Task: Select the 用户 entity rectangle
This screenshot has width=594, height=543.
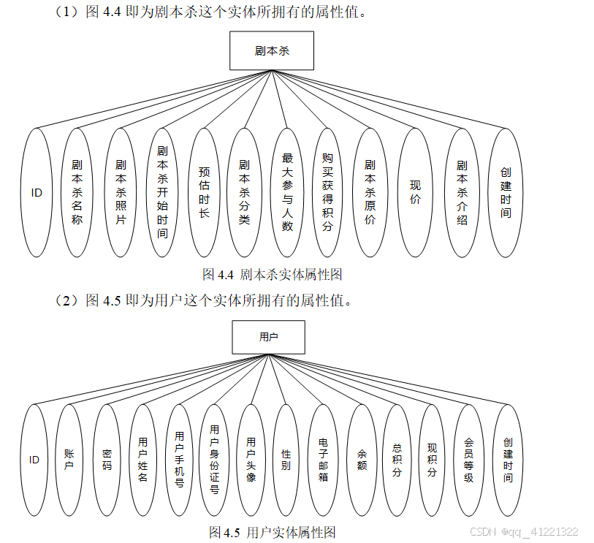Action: tap(268, 337)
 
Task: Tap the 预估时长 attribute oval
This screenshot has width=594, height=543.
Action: tap(204, 192)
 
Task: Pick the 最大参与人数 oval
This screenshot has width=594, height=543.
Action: tap(287, 192)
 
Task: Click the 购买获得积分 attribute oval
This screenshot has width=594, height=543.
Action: tap(327, 192)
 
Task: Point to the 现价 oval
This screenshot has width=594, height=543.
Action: tap(415, 192)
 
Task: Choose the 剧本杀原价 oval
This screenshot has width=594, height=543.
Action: tap(370, 192)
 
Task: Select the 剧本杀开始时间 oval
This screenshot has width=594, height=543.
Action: tap(162, 192)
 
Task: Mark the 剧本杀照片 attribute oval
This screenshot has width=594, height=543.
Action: tap(121, 192)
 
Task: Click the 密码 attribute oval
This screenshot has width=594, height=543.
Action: tap(107, 460)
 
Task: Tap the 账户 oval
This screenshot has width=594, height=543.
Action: tap(69, 460)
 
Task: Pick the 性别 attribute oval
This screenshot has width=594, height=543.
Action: tap(286, 460)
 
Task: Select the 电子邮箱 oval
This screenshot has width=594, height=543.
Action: tap(324, 460)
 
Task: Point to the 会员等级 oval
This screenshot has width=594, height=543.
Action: tap(469, 460)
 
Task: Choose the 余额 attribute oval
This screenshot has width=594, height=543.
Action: tap(362, 460)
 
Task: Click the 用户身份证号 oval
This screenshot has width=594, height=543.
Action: tap(214, 460)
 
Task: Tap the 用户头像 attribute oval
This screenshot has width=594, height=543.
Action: tap(251, 460)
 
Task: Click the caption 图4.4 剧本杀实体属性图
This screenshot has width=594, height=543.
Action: tap(272, 275)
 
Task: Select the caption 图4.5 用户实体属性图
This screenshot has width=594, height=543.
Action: tap(272, 531)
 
